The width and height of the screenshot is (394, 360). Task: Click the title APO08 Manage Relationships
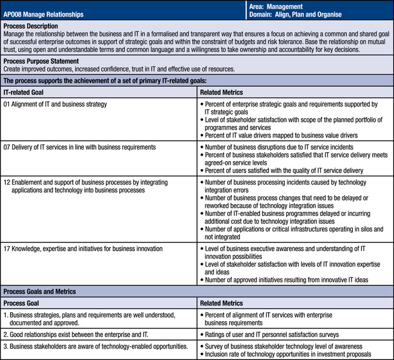pyautogui.click(x=44, y=14)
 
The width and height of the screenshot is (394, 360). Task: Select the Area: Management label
pyautogui.click(x=276, y=6)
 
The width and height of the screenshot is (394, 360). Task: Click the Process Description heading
pyautogui.click(x=31, y=27)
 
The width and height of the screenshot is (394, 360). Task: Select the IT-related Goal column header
pyautogui.click(x=24, y=92)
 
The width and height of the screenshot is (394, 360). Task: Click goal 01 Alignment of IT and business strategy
pyautogui.click(x=55, y=104)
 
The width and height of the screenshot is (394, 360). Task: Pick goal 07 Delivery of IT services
pyautogui.click(x=79, y=147)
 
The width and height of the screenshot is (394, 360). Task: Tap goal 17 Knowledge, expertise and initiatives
pyautogui.click(x=83, y=249)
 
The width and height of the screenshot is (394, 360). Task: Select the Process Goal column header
pyautogui.click(x=23, y=302)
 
